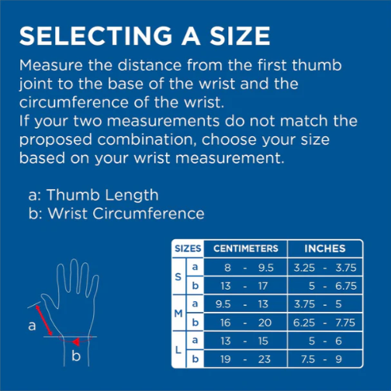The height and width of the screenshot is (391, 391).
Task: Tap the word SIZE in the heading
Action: pos(240,36)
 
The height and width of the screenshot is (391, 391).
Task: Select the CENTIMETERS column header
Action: pos(246,249)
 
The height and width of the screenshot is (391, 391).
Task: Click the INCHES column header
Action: pos(325,249)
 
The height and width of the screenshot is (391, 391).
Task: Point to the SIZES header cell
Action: pos(188,249)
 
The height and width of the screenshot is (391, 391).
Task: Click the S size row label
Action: pos(178,277)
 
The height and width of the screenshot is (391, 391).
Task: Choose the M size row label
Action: pos(178,314)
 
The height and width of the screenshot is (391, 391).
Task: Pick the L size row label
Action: pos(178,350)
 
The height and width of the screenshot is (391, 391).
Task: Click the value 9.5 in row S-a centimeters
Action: pos(266,268)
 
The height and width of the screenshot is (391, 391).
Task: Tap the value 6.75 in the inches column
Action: pos(346,286)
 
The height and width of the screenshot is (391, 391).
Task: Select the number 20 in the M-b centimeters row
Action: pos(265,323)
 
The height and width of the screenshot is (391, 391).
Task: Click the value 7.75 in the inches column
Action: pos(345,323)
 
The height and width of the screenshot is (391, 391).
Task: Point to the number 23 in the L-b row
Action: pos(265,359)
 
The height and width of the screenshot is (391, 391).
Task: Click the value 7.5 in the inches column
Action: pos(308,359)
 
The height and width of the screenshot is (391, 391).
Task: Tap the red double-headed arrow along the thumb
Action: pos(44,321)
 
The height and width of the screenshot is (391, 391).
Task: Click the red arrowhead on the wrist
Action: pos(76,342)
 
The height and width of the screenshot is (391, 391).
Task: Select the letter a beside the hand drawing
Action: pos(32,326)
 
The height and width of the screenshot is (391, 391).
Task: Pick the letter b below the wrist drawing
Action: pos(76,356)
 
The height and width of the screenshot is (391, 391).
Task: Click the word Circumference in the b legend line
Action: pos(148,214)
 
